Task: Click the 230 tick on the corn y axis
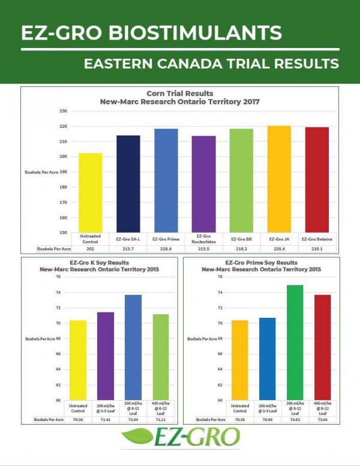[63, 111]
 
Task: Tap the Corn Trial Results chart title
[179, 94]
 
